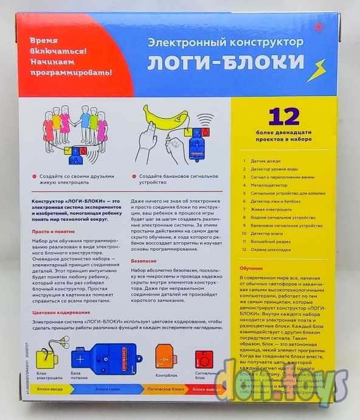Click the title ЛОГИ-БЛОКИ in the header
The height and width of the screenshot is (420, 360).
[x=227, y=63]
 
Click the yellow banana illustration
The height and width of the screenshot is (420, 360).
[x=164, y=117]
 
